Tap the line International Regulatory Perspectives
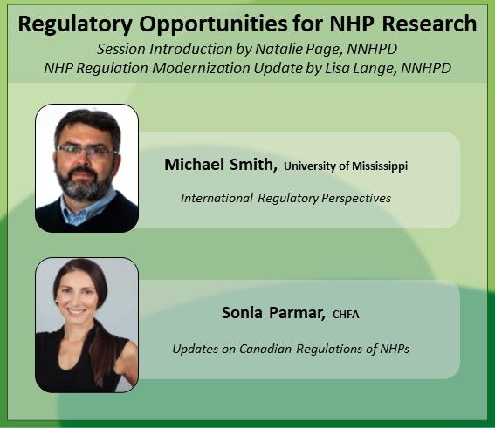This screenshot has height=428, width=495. pos(285,198)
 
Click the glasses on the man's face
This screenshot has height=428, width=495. pos(85,150)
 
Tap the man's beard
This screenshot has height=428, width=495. pos(86,185)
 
